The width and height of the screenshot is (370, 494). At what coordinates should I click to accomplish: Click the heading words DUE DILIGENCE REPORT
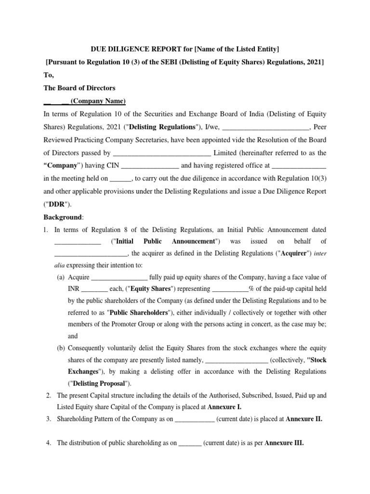(x=132, y=49)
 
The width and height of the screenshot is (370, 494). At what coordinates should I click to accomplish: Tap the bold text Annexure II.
(x=304, y=419)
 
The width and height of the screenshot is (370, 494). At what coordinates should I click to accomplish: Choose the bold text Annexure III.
(x=284, y=443)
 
